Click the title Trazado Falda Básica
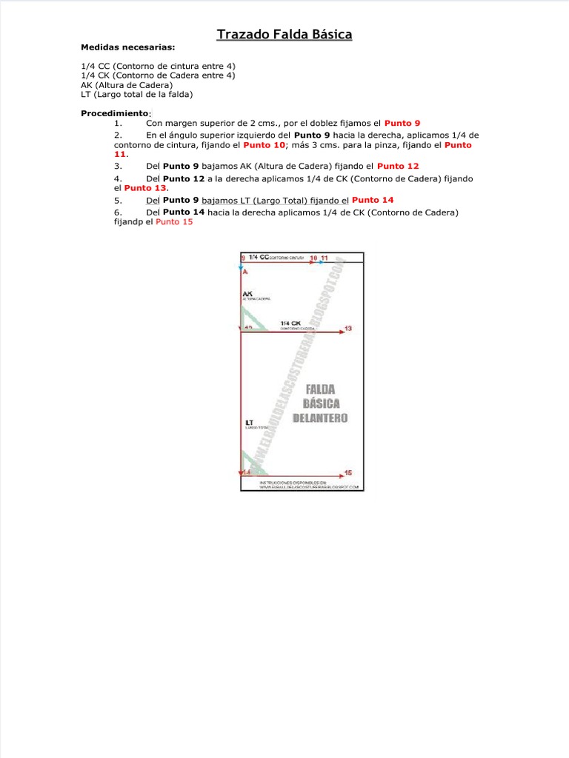tap(284, 35)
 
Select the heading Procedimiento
tap(114, 114)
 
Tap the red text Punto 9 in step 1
tap(402, 123)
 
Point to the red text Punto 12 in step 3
tap(398, 167)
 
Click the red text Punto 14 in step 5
tap(373, 200)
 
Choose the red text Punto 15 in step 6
tap(174, 221)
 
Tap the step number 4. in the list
tap(118, 179)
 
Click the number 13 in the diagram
tap(348, 328)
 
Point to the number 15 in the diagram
tap(348, 472)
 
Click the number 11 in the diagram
tap(325, 257)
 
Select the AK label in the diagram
tap(247, 294)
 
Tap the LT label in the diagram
tap(249, 423)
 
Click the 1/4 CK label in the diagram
tap(290, 323)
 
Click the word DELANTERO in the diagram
tap(320, 418)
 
